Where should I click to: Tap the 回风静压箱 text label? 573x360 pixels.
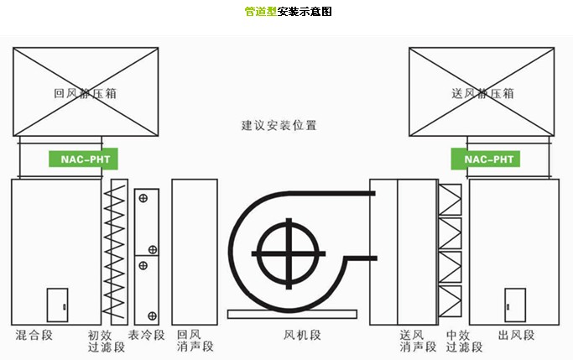coord(85,94)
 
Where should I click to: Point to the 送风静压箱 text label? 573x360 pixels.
coord(481,94)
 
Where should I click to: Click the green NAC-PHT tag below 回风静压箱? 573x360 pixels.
coord(84,159)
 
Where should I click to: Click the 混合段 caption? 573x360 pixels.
coord(34,336)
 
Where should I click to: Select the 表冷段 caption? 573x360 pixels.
coord(146,336)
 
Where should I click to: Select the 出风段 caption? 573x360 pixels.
coord(516,336)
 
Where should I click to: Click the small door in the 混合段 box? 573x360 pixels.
coord(57,305)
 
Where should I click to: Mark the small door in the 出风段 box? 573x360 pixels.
coord(514,305)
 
